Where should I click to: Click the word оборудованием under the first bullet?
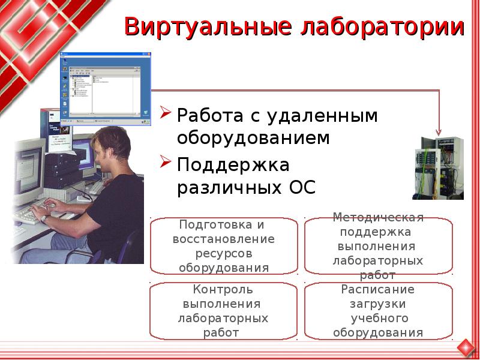[253, 139]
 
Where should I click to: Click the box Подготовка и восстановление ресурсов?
[223, 246]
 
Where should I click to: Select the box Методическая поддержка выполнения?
[378, 246]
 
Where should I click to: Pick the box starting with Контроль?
[223, 311]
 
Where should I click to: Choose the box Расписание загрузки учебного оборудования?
[378, 311]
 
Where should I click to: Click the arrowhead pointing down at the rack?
[439, 131]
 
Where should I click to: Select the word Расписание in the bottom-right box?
[378, 289]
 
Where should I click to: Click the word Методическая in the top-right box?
[378, 217]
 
